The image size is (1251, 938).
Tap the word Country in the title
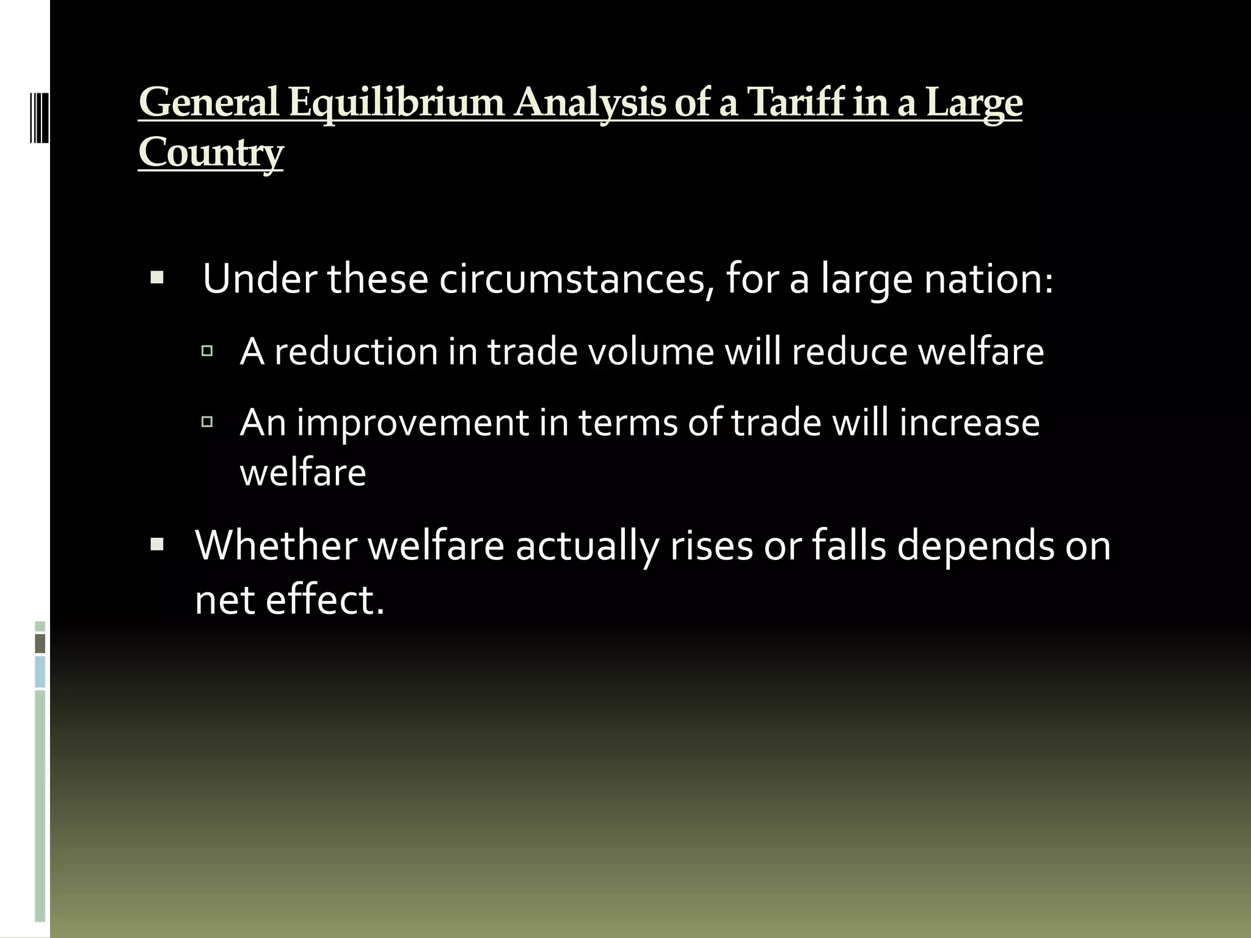[211, 153]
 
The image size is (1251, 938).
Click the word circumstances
[577, 279]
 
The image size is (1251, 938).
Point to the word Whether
[276, 545]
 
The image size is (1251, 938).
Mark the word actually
[587, 545]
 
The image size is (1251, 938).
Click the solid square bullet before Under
[157, 279]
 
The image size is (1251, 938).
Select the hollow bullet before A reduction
[206, 351]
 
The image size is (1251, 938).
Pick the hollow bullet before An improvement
[206, 421]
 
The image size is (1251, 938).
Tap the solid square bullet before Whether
[157, 544]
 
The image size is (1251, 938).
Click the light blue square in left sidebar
[40, 672]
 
